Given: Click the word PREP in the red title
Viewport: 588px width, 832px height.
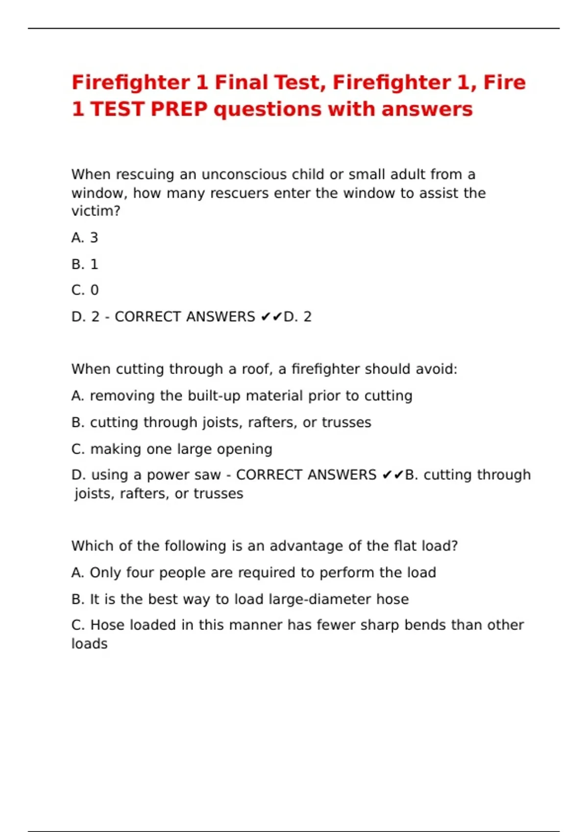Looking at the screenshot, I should pyautogui.click(x=179, y=109).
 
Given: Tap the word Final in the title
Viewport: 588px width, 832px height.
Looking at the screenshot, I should pyautogui.click(x=239, y=82).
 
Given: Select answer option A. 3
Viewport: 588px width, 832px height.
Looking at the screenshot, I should pyautogui.click(x=85, y=238).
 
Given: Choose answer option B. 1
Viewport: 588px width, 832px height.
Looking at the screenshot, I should pyautogui.click(x=85, y=264).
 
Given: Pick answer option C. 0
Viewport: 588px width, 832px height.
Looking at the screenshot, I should pyautogui.click(x=85, y=290).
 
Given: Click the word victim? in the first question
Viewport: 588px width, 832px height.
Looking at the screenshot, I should pyautogui.click(x=96, y=211).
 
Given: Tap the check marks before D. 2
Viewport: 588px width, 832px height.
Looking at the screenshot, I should pyautogui.click(x=271, y=317).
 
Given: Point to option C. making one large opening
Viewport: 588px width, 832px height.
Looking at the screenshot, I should pyautogui.click(x=171, y=449).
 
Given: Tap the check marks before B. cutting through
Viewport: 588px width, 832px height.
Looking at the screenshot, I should pyautogui.click(x=392, y=475).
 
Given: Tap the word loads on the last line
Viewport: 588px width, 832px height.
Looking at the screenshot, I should pyautogui.click(x=89, y=644).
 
